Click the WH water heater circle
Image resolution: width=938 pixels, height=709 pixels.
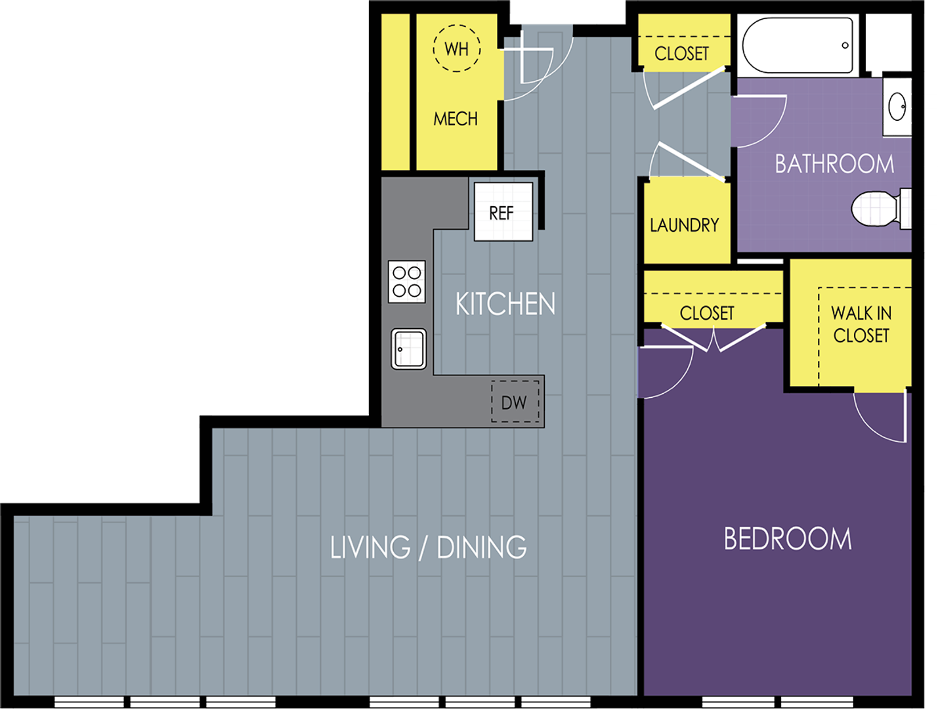click(457, 49)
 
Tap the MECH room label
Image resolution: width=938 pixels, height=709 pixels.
click(456, 119)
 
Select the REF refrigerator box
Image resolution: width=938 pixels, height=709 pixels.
click(503, 212)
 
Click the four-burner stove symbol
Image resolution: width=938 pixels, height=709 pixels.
click(407, 282)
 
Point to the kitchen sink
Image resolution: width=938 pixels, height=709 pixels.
click(409, 349)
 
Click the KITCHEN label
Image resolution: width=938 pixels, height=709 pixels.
click(505, 304)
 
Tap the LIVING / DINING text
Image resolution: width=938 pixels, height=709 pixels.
click(428, 548)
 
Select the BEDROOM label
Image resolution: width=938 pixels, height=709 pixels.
click(787, 539)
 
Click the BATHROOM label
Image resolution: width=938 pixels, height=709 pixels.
click(834, 163)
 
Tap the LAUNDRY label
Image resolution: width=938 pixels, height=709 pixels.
click(685, 225)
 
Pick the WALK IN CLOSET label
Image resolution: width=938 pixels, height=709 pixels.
click(861, 324)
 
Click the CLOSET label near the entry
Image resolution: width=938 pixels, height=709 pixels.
click(682, 53)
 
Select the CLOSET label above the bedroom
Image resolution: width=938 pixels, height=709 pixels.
click(707, 313)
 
